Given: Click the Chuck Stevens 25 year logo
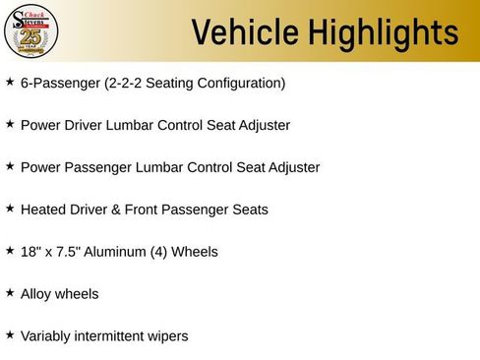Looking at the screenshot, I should pyautogui.click(x=31, y=31).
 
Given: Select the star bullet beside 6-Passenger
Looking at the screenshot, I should pyautogui.click(x=10, y=83).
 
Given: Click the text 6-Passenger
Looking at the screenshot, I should pyautogui.click(x=60, y=84).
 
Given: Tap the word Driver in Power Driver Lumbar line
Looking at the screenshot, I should pyautogui.click(x=88, y=126).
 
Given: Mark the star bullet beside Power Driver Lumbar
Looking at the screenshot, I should pyautogui.click(x=10, y=125).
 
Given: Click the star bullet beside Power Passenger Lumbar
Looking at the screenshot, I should pyautogui.click(x=10, y=167).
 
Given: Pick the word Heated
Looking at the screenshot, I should pyautogui.click(x=42, y=210).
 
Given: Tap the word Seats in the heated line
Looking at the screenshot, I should pyautogui.click(x=250, y=210).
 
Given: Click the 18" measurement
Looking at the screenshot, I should pyautogui.click(x=30, y=252).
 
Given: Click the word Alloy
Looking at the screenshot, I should pyautogui.click(x=36, y=294).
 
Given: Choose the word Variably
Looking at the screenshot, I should pyautogui.click(x=48, y=336).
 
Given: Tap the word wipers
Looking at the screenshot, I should pyautogui.click(x=164, y=336).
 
